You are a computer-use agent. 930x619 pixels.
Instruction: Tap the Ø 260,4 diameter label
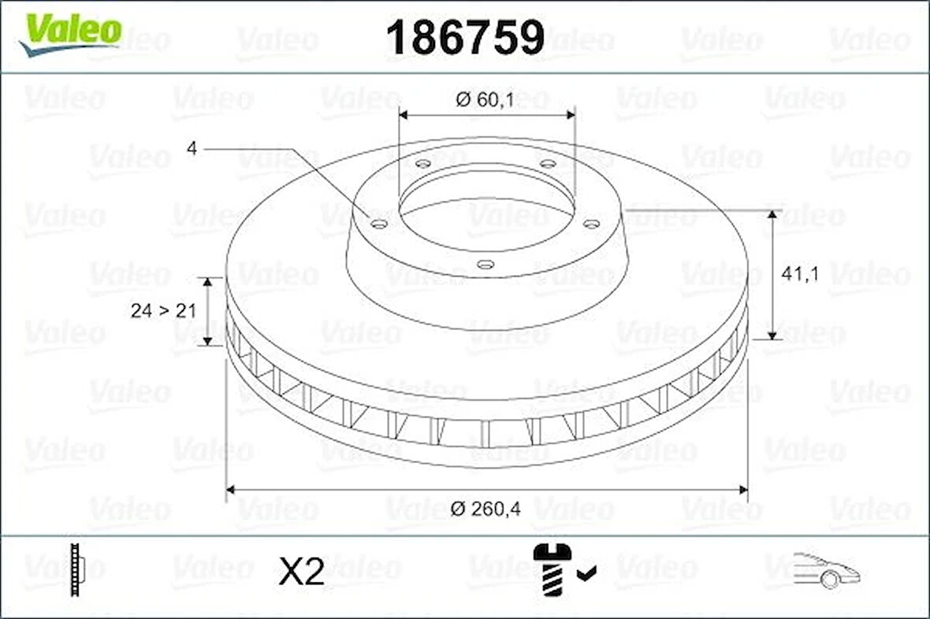(486, 509)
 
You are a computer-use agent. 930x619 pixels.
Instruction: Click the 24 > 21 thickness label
(162, 310)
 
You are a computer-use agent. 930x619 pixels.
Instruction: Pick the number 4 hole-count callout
(191, 147)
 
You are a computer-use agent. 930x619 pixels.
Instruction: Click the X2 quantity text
(302, 572)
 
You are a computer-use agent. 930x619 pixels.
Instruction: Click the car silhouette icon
(825, 569)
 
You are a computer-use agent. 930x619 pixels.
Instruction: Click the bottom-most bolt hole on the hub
(486, 265)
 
